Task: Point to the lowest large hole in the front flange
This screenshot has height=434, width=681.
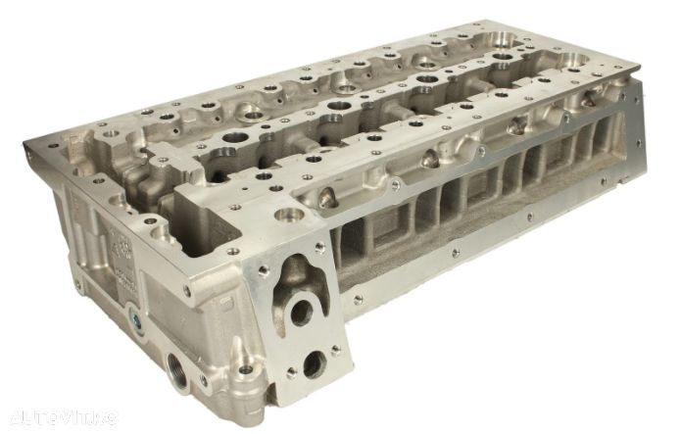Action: [x=314, y=364]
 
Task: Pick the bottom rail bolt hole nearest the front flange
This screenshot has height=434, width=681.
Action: [x=359, y=299]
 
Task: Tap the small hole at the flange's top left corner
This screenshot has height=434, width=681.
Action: [x=264, y=266]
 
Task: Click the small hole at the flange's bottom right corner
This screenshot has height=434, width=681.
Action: [x=337, y=348]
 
